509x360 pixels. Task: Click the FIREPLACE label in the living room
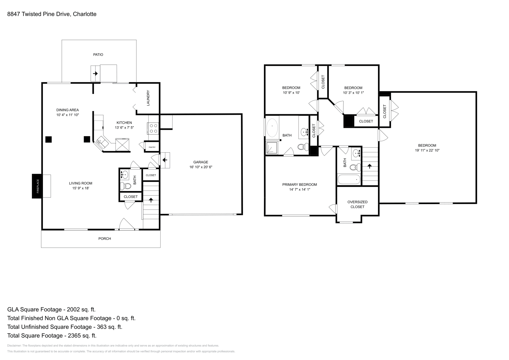click(x=38, y=186)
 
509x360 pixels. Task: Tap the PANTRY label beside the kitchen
click(x=152, y=147)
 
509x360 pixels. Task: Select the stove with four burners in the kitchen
click(x=153, y=128)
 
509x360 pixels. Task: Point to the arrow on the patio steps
click(x=95, y=73)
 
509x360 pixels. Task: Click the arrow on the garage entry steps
click(x=165, y=160)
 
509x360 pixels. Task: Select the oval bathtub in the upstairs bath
click(x=272, y=128)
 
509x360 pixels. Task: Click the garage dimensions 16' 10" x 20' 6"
click(x=201, y=167)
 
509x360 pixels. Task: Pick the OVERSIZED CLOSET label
click(x=357, y=204)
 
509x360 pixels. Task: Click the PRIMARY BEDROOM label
click(x=299, y=184)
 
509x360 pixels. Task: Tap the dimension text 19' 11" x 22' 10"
click(x=427, y=150)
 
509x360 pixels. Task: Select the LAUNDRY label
click(x=148, y=98)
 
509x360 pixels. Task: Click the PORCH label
click(x=104, y=239)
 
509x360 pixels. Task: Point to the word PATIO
click(x=98, y=55)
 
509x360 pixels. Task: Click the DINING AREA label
click(x=67, y=110)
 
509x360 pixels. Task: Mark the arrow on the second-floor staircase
click(x=369, y=166)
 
